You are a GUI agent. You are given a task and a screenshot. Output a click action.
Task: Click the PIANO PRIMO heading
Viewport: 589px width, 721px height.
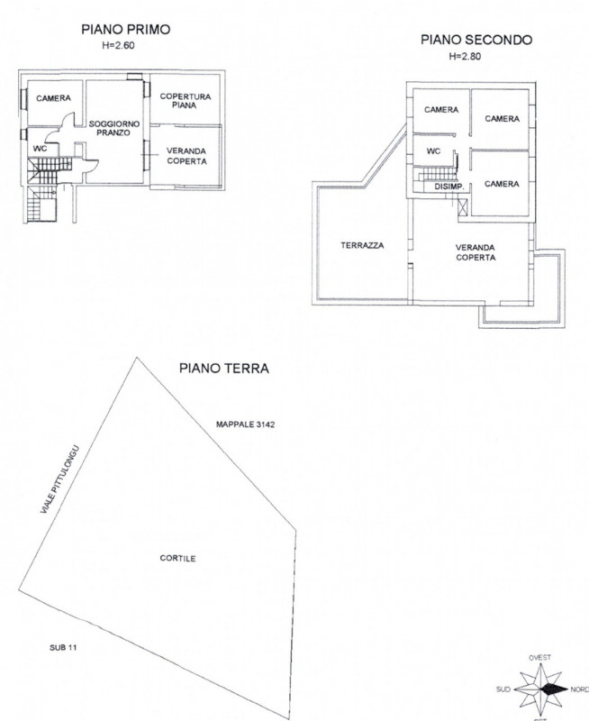pos(125,30)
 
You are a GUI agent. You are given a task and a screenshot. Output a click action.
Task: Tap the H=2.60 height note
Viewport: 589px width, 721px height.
pos(118,46)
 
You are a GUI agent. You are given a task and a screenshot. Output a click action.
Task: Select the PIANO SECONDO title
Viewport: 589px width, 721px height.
pos(476,40)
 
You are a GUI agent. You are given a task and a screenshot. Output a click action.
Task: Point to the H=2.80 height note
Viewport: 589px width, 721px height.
pos(466,57)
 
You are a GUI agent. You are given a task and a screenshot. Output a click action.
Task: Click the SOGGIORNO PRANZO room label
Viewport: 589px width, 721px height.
pos(114,128)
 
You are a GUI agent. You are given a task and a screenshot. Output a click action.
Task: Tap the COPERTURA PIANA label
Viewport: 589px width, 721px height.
pos(186,101)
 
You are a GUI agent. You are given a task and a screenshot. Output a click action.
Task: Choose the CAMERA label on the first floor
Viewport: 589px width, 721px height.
pos(53,98)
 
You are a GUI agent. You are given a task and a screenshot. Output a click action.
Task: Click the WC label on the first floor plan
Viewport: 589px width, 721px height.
pos(40,149)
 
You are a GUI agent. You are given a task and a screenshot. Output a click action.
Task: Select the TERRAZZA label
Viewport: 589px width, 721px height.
pos(362,245)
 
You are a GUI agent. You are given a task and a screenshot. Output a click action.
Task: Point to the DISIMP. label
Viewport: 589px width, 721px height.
pos(449,187)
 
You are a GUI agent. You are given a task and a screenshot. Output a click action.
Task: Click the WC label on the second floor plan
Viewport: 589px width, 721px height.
pos(433,151)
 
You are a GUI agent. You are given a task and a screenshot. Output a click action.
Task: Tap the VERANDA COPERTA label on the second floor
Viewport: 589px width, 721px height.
pos(476,252)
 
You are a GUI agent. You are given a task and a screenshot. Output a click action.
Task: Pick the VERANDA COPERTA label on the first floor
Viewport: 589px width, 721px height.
pos(186,156)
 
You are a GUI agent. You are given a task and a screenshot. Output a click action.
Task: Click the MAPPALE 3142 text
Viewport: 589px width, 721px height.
pos(245,424)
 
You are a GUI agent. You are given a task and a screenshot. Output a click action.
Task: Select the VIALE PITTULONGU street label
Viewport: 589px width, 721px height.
pos(60,479)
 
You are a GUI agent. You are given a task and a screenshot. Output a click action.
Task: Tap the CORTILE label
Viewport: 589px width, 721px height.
pos(177,558)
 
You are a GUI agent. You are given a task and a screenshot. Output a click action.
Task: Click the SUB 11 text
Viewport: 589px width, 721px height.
pos(63,647)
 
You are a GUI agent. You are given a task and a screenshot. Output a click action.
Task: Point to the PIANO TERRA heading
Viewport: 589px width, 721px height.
pos(223,369)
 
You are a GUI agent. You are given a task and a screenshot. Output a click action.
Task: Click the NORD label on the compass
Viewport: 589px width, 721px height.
pos(579,689)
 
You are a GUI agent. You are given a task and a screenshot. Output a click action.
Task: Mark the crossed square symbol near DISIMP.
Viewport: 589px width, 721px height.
pos(463,207)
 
